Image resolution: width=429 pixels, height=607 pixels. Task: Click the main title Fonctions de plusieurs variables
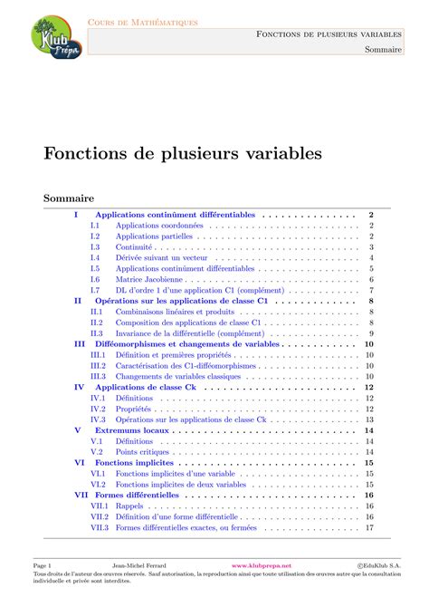click(183, 153)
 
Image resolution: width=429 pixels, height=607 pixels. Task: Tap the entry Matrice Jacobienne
click(148, 280)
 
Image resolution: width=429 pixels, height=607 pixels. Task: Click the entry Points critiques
click(140, 451)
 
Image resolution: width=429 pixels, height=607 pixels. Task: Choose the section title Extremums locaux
click(131, 431)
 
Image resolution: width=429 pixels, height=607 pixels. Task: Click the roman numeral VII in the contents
click(81, 496)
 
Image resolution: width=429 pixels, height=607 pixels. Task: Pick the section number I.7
click(95, 290)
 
